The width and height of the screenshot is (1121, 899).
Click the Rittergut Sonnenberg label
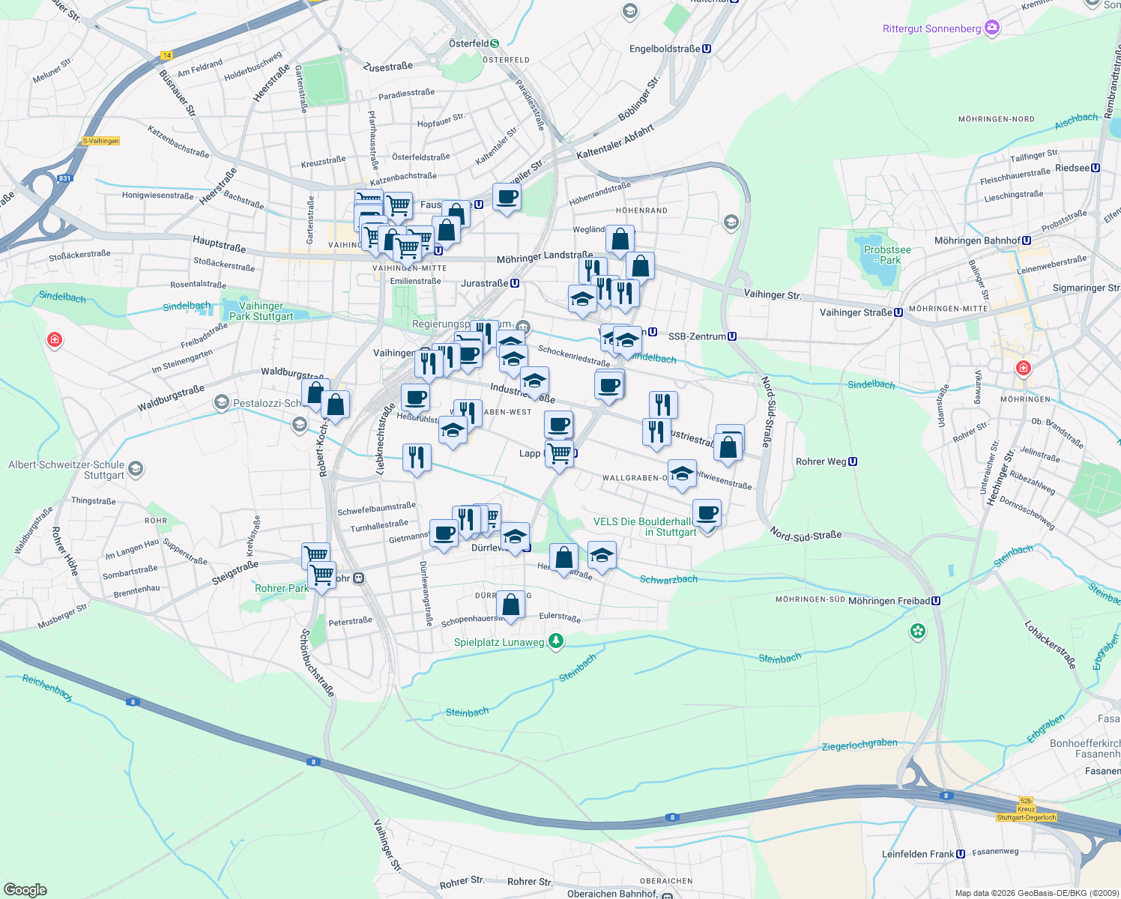[931, 28]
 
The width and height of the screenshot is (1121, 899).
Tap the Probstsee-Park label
[887, 255]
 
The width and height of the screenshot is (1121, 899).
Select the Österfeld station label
[469, 43]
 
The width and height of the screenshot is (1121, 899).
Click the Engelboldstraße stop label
[665, 49]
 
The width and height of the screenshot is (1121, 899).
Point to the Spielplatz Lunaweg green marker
[555, 641]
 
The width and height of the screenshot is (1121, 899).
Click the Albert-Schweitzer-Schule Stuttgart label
[66, 470]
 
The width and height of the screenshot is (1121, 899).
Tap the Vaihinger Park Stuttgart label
[261, 311]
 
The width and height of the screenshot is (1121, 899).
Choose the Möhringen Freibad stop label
[889, 601]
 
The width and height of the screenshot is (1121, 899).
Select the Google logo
[25, 890]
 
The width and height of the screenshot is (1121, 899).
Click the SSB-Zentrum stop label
[697, 336]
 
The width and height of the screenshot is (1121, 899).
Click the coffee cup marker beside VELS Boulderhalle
[707, 513]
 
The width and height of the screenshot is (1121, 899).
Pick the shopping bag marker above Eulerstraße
[510, 604]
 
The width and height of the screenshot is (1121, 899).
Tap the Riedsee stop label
[1072, 168]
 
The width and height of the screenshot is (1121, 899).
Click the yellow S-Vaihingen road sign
[100, 141]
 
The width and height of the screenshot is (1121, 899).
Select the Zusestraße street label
[387, 67]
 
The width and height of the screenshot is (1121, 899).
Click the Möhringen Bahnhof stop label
[977, 240]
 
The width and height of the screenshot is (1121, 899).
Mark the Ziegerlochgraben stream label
[859, 745]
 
